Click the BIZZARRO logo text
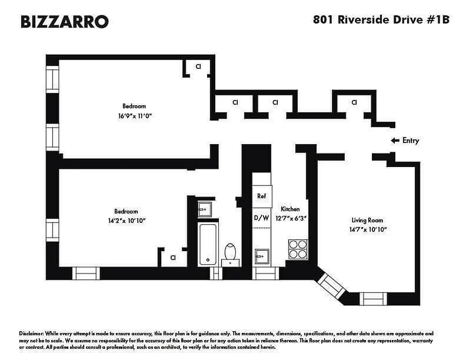[64, 21]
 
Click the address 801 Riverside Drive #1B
[381, 21]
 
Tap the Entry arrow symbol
[395, 140]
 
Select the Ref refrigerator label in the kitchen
[262, 196]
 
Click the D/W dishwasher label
[262, 218]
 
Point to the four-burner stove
[298, 249]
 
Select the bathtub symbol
[208, 243]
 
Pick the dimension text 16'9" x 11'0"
[134, 115]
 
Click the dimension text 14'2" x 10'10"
[126, 220]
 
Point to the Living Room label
[367, 220]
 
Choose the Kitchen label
[290, 209]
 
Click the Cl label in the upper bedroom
[198, 67]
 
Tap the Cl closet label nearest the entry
[354, 102]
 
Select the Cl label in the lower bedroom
[172, 258]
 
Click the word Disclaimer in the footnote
[32, 334]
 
